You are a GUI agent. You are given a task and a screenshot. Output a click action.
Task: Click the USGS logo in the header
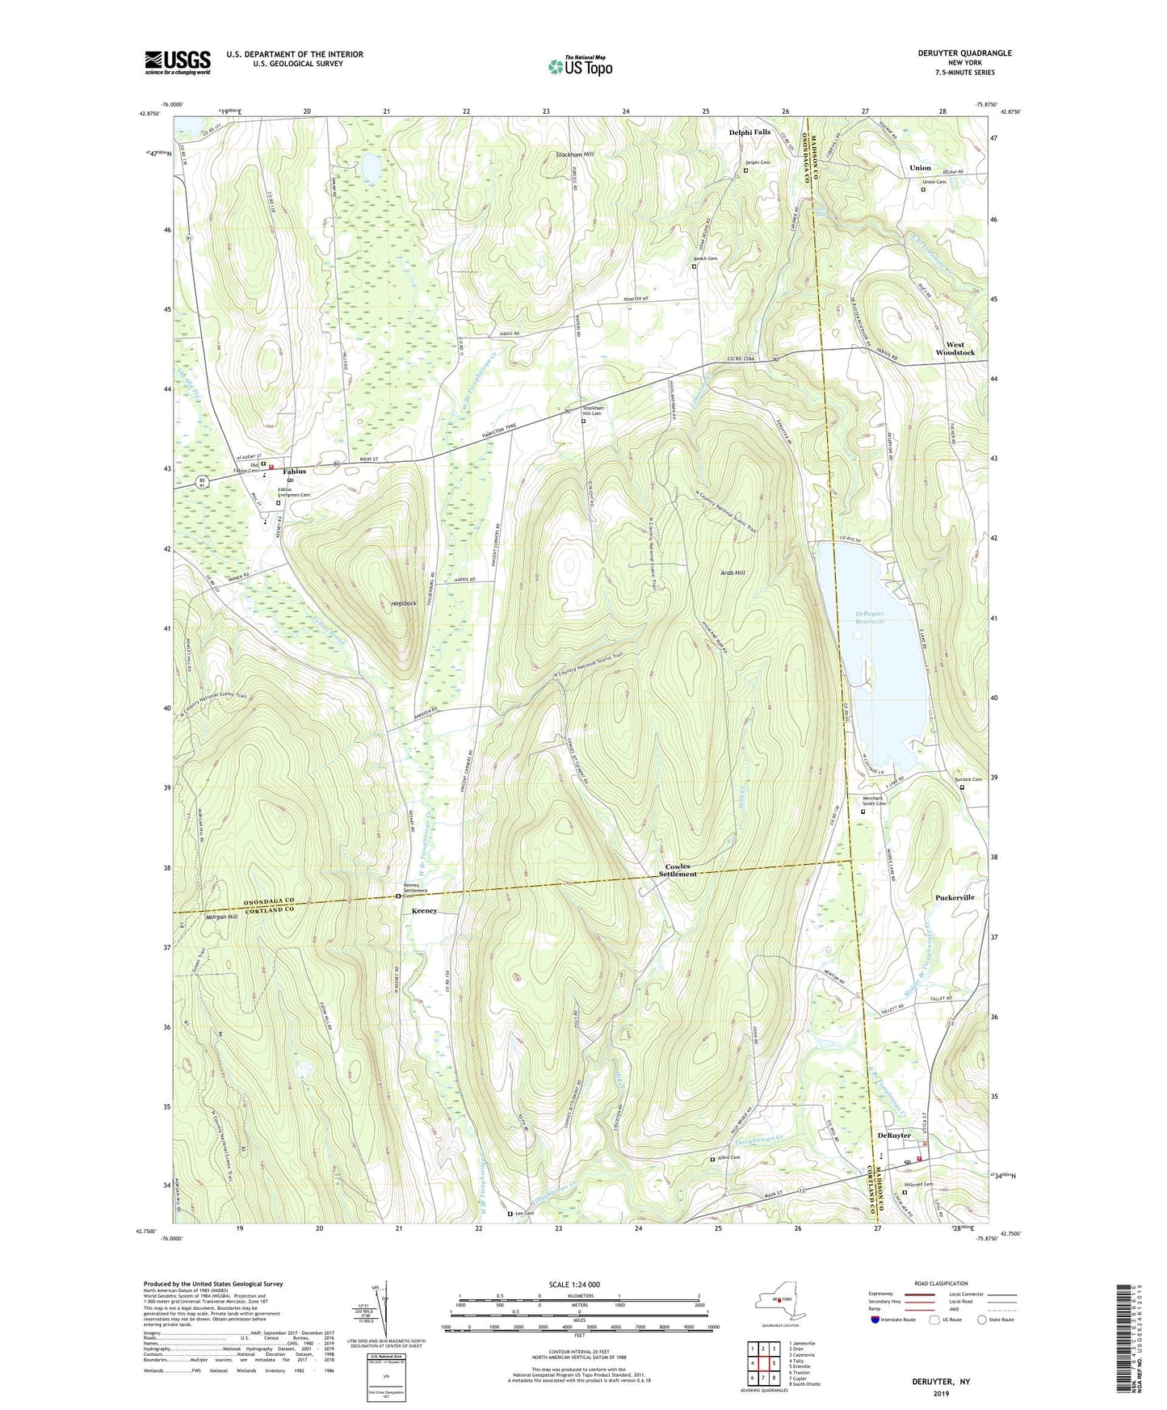(178, 62)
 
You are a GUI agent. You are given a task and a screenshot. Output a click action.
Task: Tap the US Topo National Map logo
(580, 66)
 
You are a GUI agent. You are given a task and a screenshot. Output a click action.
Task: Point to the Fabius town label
(294, 471)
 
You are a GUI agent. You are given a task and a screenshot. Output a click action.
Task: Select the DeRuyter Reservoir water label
(870, 618)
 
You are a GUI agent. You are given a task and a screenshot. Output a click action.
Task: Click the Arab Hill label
(733, 573)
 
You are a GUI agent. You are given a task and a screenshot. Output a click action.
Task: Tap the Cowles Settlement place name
(678, 870)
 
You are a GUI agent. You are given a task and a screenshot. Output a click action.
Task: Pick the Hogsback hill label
(403, 603)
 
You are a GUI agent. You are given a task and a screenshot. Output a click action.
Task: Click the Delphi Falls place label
(749, 132)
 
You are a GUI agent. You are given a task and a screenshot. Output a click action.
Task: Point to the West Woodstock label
(955, 348)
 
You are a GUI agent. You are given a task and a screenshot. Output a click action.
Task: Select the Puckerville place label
(955, 897)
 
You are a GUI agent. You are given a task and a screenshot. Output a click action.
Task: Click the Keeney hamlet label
(424, 910)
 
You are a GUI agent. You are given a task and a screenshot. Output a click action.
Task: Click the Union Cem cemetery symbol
(923, 190)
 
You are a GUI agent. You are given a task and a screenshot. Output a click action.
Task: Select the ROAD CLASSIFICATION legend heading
(942, 1283)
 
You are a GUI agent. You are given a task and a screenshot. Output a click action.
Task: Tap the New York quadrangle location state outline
(779, 1302)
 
